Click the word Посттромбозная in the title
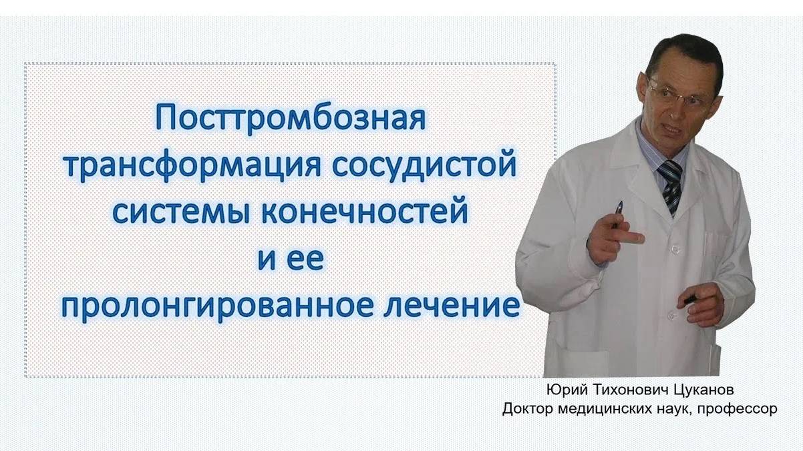point(291,119)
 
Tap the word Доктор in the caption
point(528,408)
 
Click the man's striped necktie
point(671,184)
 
